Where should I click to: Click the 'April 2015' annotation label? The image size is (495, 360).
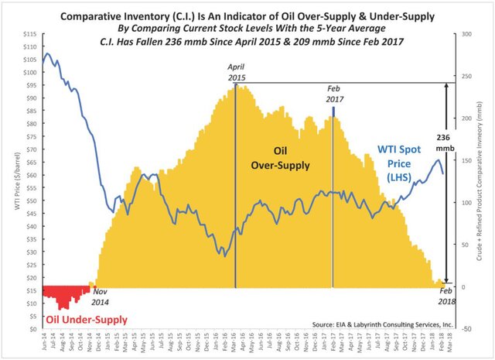(x=237, y=72)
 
